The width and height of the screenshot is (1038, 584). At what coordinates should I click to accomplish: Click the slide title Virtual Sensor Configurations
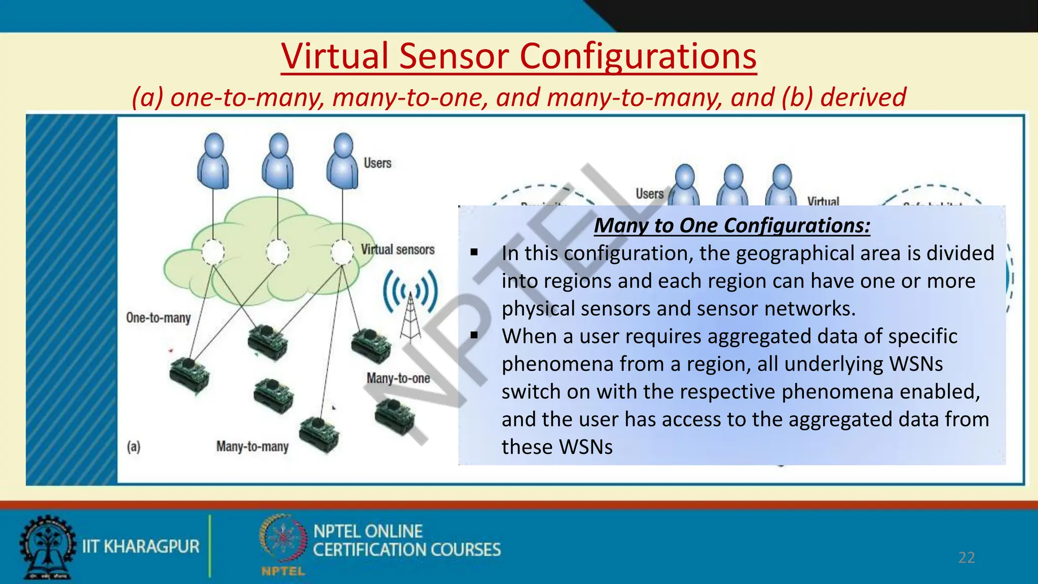518,56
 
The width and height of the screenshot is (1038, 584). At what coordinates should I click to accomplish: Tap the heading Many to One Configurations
731,225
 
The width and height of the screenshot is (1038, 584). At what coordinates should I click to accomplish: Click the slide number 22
966,558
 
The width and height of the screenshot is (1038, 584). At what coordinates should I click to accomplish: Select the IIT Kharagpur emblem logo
47,547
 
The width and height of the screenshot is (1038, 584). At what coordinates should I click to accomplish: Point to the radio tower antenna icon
411,304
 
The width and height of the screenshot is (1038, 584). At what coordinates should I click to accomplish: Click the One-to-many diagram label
158,318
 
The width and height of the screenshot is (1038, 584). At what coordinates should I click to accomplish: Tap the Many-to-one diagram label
398,378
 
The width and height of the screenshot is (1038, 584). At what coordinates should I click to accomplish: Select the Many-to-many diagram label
252,446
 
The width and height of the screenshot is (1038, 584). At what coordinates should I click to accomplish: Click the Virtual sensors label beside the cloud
397,249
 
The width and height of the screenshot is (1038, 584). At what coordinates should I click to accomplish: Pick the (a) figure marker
133,447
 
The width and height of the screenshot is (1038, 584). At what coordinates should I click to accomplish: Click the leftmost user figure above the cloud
213,161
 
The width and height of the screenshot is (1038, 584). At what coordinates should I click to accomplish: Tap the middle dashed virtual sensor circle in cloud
277,252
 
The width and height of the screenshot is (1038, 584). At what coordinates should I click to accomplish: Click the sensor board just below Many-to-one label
395,417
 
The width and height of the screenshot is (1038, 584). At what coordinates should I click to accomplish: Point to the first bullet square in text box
474,252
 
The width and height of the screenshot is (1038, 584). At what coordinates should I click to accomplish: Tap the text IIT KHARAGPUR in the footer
140,546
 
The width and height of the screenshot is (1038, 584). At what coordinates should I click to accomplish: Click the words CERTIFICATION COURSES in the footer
406,550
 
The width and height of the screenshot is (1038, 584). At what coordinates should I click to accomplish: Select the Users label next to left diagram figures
377,163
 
